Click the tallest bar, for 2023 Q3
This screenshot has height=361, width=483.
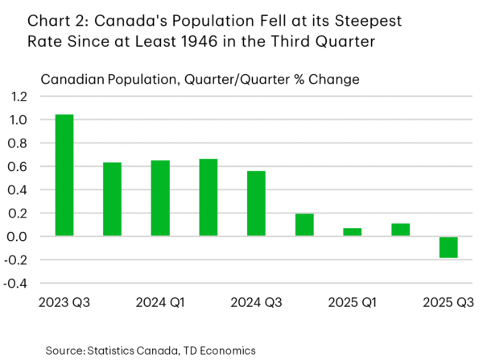(64, 176)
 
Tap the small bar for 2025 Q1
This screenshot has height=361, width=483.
(353, 232)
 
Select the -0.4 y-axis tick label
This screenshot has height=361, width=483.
(17, 284)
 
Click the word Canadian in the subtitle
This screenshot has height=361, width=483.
(71, 79)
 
